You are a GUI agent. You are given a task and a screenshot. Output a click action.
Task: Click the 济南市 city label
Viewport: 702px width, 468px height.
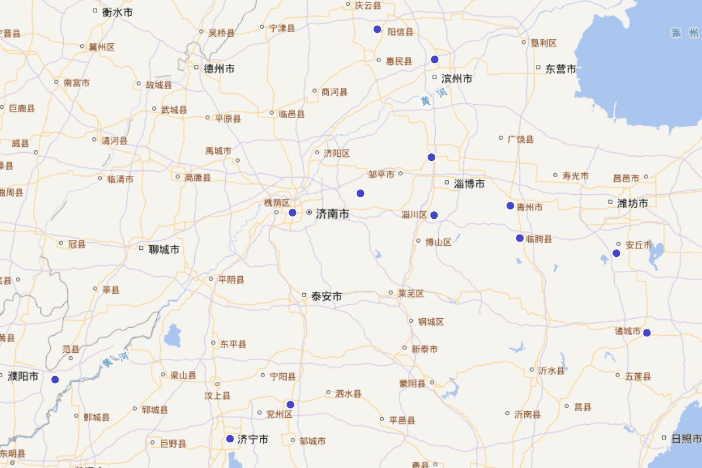[x=332, y=214]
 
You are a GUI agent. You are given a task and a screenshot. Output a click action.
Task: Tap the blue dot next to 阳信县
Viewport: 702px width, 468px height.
[x=377, y=29]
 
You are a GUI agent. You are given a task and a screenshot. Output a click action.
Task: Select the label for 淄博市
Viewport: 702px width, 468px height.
[x=469, y=184]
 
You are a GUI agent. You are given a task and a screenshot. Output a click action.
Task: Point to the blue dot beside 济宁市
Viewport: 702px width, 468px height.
[x=230, y=439]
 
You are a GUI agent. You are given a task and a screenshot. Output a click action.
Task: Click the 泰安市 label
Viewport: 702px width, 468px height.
[x=326, y=297]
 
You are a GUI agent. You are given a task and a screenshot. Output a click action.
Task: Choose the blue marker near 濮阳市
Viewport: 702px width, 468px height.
[x=55, y=380]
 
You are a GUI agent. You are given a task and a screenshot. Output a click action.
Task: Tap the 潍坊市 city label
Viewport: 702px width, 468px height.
[x=632, y=204]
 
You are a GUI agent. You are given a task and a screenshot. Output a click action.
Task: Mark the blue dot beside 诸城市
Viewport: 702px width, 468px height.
[x=646, y=333]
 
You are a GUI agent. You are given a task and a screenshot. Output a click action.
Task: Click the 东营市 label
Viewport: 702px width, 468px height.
[x=561, y=69]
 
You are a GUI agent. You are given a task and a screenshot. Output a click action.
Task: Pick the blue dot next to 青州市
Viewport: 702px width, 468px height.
[x=510, y=205]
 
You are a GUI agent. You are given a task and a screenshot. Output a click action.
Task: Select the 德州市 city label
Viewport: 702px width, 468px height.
[x=219, y=68]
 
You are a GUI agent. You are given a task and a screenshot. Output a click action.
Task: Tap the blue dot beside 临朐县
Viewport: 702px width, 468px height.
[x=519, y=238]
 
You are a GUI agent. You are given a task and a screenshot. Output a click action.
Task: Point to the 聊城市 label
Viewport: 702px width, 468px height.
[x=164, y=250]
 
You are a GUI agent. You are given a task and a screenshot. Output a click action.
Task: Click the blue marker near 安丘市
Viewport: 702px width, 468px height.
[x=616, y=253]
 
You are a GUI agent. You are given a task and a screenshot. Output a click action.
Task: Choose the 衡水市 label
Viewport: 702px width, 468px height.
[x=118, y=12]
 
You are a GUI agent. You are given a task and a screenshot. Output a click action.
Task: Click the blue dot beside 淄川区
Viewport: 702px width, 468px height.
[x=434, y=215]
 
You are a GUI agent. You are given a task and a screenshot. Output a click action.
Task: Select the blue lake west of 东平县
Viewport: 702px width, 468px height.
[x=172, y=336]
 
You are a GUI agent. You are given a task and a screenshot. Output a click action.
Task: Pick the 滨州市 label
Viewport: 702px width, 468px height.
[x=457, y=78]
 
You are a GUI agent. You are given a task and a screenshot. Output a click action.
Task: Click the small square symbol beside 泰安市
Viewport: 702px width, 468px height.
[x=304, y=295]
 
